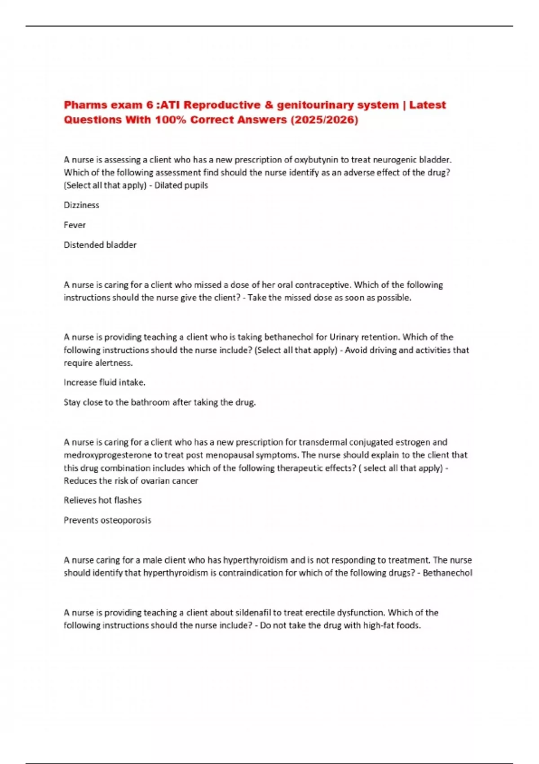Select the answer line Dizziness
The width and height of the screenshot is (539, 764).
click(81, 205)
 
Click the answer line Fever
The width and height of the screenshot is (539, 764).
click(75, 225)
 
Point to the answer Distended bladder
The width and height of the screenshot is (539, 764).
click(100, 245)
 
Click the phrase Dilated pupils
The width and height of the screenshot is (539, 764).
click(181, 185)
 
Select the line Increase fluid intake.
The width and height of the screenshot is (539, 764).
click(104, 382)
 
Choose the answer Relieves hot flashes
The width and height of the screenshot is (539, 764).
click(102, 500)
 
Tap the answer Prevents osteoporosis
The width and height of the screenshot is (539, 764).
click(107, 520)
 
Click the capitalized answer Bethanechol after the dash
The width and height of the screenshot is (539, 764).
click(447, 573)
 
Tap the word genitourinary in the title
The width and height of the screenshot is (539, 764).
click(337, 105)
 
